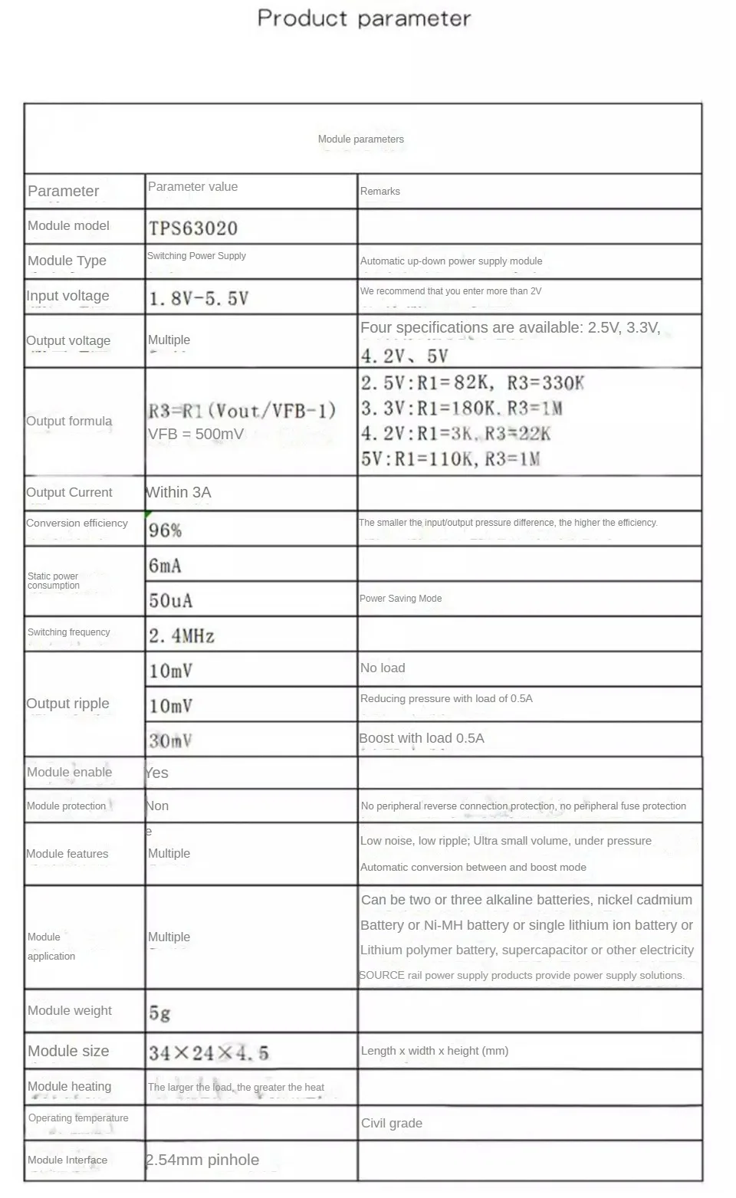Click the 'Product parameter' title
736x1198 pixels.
(364, 18)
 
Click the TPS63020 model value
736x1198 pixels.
(193, 228)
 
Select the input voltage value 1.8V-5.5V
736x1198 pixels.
(199, 298)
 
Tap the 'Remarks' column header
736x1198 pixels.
(380, 191)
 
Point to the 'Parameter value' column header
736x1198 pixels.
(192, 186)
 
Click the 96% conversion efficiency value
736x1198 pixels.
(166, 530)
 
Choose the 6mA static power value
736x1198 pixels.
(166, 566)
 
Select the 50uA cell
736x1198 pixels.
(170, 600)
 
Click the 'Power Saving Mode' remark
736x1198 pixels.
(400, 599)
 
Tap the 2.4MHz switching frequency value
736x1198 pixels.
(182, 635)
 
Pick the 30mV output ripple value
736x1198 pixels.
(170, 740)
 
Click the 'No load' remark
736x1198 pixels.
(383, 668)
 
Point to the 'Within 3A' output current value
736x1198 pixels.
(179, 492)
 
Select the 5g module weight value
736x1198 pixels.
(159, 1013)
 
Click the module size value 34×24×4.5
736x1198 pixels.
(209, 1052)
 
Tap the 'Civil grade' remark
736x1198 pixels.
(392, 1123)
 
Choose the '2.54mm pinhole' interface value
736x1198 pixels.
(202, 1160)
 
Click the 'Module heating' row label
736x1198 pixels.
(69, 1086)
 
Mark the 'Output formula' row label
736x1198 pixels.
(69, 421)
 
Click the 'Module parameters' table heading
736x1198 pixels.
(361, 139)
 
